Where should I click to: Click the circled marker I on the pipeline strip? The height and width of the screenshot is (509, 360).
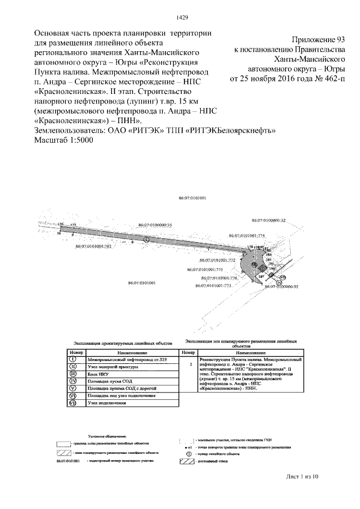tap(147, 239)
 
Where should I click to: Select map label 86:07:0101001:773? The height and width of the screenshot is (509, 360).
tap(214, 286)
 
